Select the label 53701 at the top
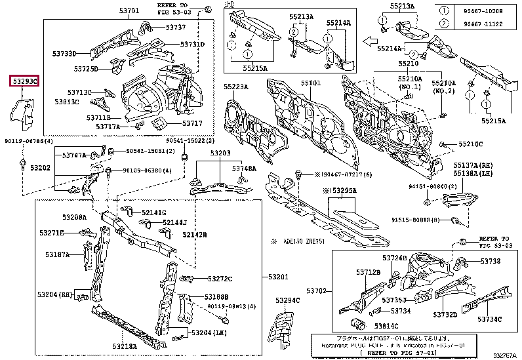128,11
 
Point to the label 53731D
193,45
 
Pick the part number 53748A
245,169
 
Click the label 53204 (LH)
209,333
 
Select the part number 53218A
125,346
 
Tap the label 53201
278,277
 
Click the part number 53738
490,261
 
